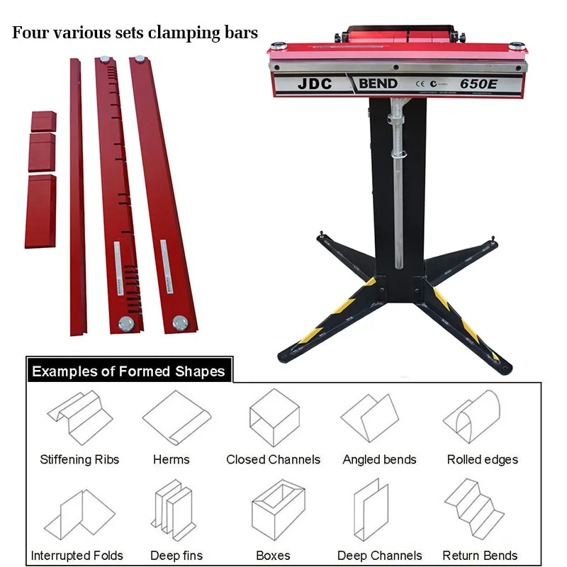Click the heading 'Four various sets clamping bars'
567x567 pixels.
135,33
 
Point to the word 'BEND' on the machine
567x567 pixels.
378,84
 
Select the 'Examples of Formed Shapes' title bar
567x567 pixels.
128,371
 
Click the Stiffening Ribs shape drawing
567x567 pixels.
79,418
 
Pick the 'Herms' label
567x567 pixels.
171,460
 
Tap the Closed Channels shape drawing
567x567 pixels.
273,418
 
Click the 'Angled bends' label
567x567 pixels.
379,460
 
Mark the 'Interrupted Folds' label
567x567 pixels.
77,556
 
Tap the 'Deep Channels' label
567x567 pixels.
379,556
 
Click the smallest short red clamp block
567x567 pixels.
43,120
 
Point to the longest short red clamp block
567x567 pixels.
40,210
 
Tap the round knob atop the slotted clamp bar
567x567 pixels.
106,60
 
